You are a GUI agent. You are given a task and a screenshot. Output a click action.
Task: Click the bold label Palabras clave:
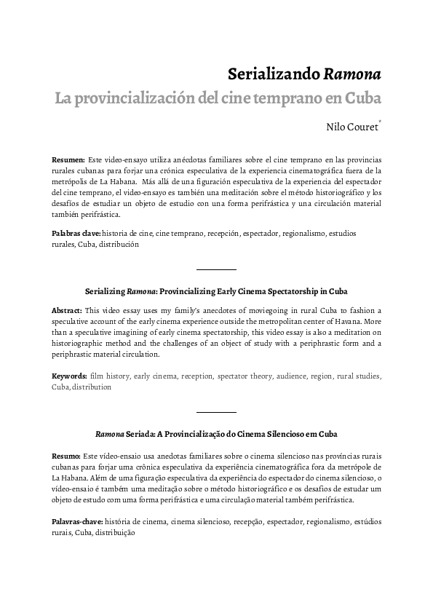(x=76, y=234)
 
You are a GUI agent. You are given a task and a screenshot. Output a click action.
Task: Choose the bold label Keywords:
(x=70, y=376)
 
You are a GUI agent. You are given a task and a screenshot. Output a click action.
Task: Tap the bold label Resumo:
(x=67, y=454)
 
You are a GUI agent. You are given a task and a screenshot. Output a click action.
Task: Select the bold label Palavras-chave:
(x=77, y=522)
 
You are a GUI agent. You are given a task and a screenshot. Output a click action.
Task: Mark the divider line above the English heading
(x=216, y=269)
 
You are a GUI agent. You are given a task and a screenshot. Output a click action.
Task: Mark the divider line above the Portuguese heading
(x=216, y=412)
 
